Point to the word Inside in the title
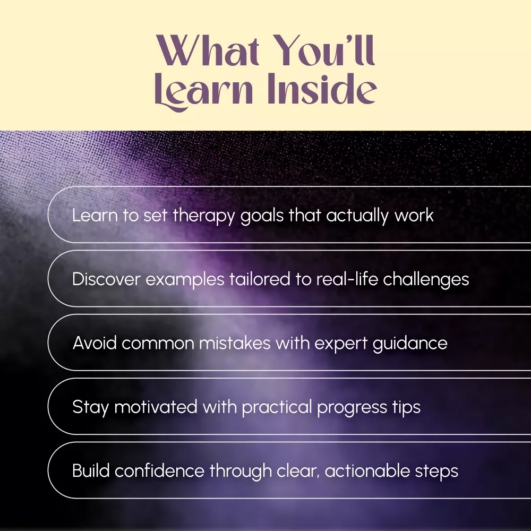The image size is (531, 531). tap(322, 88)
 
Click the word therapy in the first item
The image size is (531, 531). tap(203, 216)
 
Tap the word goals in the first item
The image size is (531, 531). tap(262, 216)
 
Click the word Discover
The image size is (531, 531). tap(106, 279)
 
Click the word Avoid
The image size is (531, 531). tap(95, 343)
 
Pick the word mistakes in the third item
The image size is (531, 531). tap(235, 343)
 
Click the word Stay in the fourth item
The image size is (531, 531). tap(90, 407)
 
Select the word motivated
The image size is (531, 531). tap(156, 407)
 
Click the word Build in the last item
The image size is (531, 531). tap(91, 470)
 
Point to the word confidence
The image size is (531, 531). tap(159, 470)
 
